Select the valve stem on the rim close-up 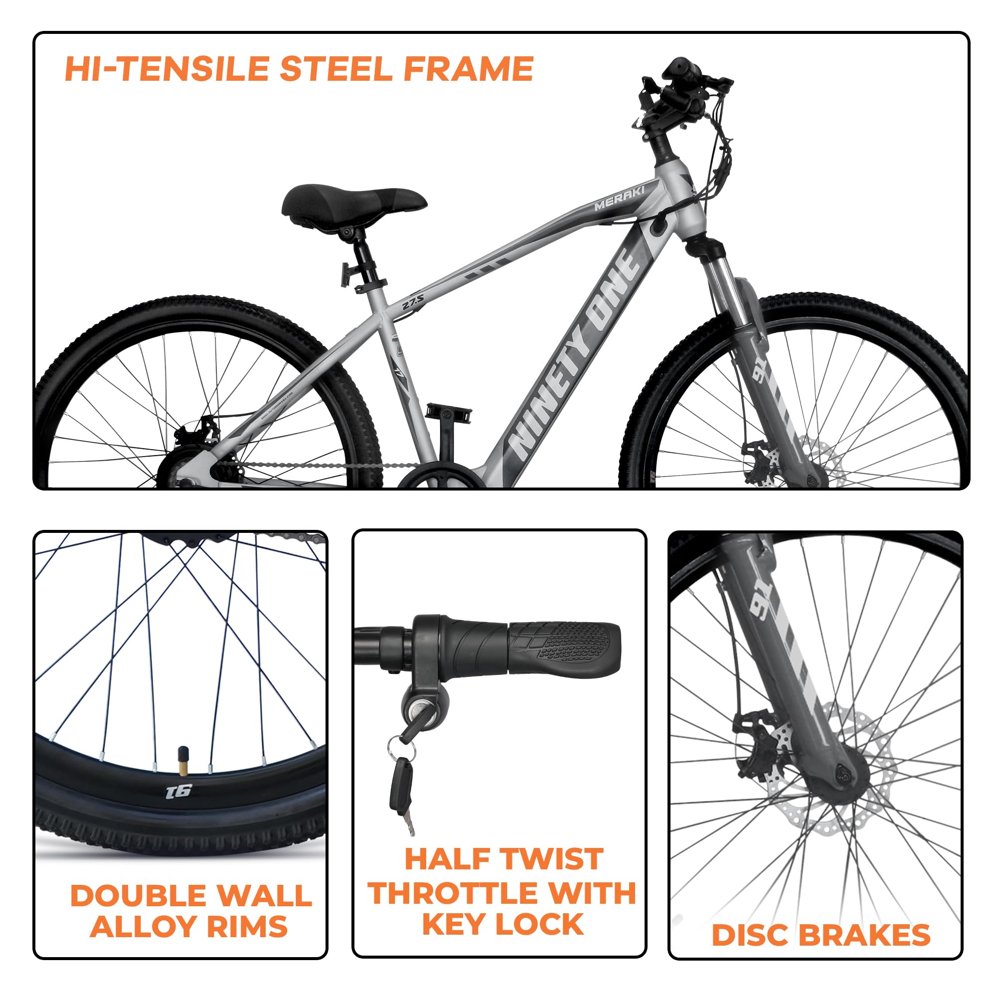coord(182,760)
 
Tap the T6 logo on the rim coord(179,791)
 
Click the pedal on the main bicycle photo coord(449,414)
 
